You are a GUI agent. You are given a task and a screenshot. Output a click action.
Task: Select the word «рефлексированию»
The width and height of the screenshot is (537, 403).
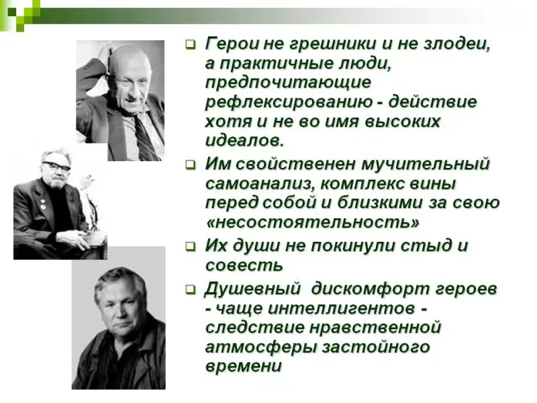pyautogui.click(x=289, y=103)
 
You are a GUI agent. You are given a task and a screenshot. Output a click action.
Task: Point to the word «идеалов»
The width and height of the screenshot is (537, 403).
pyautogui.click(x=244, y=140)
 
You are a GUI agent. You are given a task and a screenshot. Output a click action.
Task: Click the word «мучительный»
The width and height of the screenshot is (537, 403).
pyautogui.click(x=426, y=164)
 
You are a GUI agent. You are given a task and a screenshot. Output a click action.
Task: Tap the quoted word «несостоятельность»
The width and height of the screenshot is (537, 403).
pyautogui.click(x=313, y=223)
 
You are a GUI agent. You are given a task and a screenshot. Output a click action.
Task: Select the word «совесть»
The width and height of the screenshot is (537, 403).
pyautogui.click(x=244, y=265)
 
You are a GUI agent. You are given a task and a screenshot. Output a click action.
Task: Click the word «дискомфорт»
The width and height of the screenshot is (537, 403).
pyautogui.click(x=370, y=289)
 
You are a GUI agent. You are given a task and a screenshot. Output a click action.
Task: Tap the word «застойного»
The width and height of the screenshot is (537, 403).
pyautogui.click(x=376, y=347)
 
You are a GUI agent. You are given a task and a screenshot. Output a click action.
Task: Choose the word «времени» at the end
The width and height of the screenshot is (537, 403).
pyautogui.click(x=244, y=366)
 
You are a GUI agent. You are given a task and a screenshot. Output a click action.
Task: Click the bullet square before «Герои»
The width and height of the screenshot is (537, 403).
pyautogui.click(x=191, y=44)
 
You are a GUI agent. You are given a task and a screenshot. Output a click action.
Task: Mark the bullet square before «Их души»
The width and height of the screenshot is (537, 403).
pyautogui.click(x=191, y=247)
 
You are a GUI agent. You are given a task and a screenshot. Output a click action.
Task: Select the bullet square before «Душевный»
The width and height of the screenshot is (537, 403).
pyautogui.click(x=191, y=289)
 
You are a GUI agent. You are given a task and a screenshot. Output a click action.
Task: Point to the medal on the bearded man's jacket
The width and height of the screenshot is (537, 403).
pyautogui.click(x=43, y=205)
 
